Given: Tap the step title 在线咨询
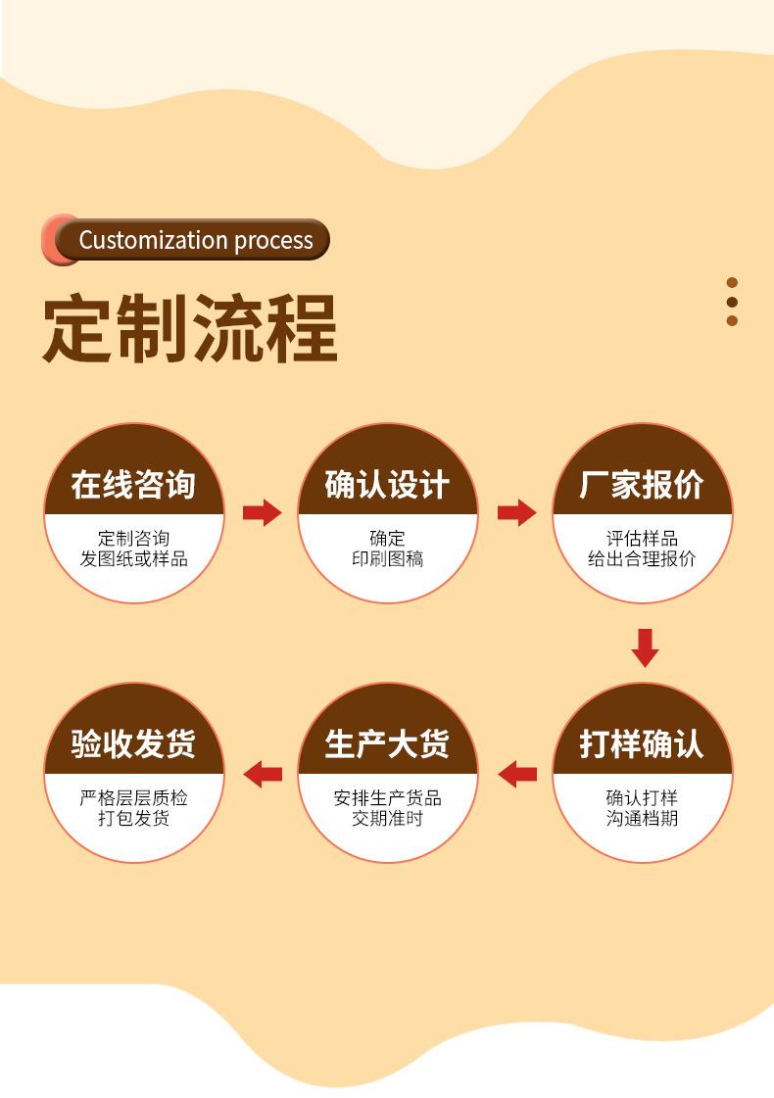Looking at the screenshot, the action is (x=133, y=485).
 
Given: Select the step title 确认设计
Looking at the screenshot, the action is (x=387, y=485).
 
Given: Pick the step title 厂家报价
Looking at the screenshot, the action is (x=642, y=485).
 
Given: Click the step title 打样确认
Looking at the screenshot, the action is (x=642, y=744).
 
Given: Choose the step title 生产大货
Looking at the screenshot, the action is (x=387, y=744).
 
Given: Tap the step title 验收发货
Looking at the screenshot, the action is (x=133, y=744).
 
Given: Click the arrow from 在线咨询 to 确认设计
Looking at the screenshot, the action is (x=262, y=512).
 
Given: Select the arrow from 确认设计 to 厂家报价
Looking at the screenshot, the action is (x=516, y=512).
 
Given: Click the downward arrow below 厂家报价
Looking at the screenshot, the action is (x=644, y=647).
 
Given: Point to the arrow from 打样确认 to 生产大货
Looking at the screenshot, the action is (x=517, y=774).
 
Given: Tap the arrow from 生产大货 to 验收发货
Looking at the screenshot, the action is (x=263, y=774).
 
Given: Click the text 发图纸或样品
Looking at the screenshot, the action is (x=133, y=559).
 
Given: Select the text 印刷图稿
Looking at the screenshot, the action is (x=387, y=559).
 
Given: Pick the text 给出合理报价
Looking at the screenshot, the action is (x=642, y=559).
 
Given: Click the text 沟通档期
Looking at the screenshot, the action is (x=642, y=819).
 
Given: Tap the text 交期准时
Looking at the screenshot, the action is (x=387, y=819).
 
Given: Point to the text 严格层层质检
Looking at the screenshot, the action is (x=133, y=798).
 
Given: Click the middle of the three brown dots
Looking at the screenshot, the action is (x=732, y=302).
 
